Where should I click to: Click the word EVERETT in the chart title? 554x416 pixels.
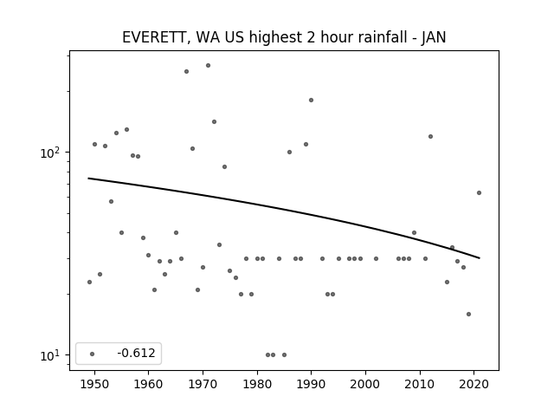pos(154,37)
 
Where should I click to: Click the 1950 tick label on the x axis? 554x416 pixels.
pos(94,384)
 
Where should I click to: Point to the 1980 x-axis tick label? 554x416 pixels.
pos(257,384)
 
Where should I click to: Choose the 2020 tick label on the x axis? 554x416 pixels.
pos(473,384)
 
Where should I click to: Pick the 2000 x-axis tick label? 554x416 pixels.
pos(365,384)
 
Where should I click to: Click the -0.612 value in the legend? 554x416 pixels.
pos(137,353)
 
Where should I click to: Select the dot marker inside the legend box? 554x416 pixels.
pos(93,354)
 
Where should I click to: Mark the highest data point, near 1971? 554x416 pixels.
pos(208,66)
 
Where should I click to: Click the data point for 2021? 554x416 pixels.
pos(479,192)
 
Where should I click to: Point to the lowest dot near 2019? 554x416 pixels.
pos(468,314)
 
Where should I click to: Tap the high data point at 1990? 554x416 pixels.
pos(312,101)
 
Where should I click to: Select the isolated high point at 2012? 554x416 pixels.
pos(430,137)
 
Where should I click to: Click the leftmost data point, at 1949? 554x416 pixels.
pos(89,282)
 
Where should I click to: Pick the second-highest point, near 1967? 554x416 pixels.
pos(187,71)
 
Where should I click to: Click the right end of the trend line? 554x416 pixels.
pos(479,258)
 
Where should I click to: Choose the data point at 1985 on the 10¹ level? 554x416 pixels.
pos(285,354)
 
